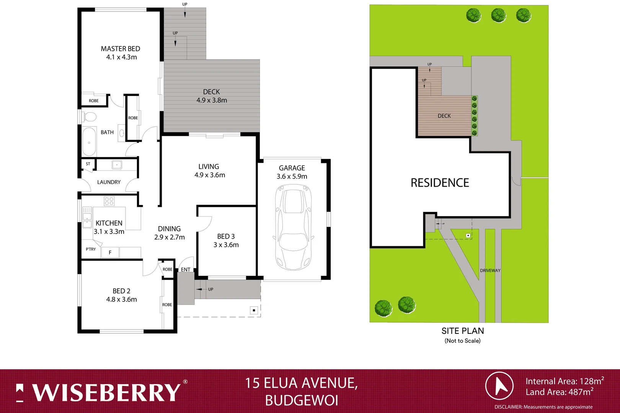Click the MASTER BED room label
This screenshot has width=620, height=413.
coord(121,49)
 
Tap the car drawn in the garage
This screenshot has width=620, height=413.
coord(293,227)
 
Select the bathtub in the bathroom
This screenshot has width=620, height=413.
coord(89,142)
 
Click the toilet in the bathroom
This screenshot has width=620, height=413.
coord(90,116)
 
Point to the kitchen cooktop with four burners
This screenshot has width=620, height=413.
coord(109,201)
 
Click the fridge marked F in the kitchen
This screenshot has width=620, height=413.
coord(110,252)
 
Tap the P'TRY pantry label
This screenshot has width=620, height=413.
coord(91,249)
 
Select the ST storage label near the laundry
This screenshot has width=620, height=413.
coord(88,164)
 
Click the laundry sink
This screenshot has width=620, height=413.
coord(117,165)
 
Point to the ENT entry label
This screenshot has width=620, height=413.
coord(186,270)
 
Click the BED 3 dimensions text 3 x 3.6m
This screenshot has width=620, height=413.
coord(226,245)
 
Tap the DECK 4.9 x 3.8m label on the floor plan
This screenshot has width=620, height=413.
coord(212,96)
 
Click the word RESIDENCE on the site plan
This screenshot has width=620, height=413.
coord(440,183)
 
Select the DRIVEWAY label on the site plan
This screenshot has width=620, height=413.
coord(490,270)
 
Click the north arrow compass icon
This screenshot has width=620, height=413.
coord(499,386)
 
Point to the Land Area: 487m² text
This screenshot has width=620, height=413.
coord(559,392)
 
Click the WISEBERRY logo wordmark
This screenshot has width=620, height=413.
coord(106,393)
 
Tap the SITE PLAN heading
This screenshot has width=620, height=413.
coord(463,331)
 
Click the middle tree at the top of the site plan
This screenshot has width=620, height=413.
coord(498,15)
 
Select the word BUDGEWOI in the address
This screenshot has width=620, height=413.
coord(302,400)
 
